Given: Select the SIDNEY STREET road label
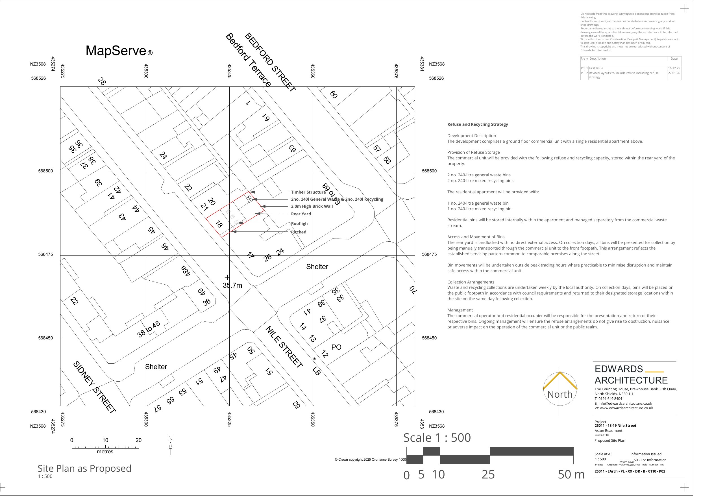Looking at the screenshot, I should point(94,387).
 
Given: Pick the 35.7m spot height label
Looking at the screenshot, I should point(232,285).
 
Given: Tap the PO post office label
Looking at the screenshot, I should point(336,347).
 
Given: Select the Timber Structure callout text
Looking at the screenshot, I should point(308,192).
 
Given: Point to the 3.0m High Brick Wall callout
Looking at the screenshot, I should point(312,206).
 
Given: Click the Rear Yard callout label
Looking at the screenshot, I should point(301,214).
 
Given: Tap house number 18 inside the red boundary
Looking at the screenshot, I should point(219,224).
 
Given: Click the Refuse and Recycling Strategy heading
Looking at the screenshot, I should point(478,124).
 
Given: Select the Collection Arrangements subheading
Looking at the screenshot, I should point(471,282).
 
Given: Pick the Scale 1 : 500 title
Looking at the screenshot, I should point(437,437).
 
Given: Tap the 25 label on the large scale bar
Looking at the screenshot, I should point(488,474).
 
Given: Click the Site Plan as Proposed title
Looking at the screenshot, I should point(84,468).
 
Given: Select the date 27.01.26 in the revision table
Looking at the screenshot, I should point(674,73).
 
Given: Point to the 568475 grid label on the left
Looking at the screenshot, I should point(45,254).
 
